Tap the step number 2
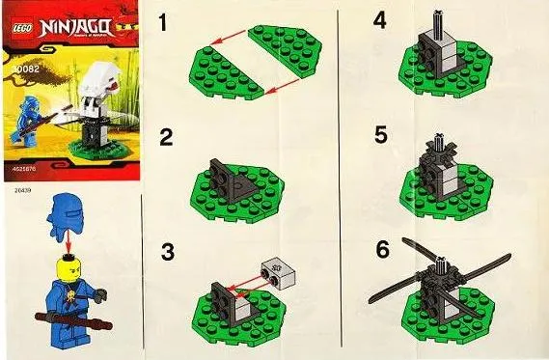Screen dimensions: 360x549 click(x=167, y=137)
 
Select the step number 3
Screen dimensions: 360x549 click(x=169, y=253)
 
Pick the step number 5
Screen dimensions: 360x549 click(x=380, y=136)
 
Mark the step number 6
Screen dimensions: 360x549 click(x=382, y=250)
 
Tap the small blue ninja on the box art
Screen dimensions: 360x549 click(x=35, y=134)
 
